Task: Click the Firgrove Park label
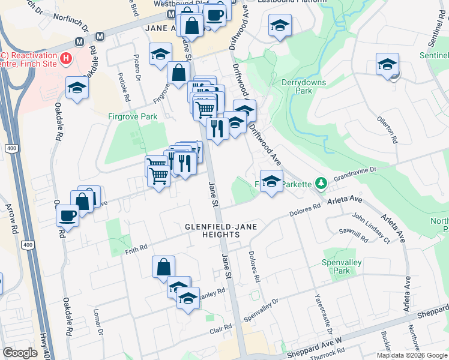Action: coord(133,117)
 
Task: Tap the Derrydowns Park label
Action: coord(297,86)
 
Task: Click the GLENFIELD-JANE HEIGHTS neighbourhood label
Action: coord(212,230)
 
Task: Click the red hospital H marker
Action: coord(67,59)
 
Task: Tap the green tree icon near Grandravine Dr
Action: coord(321,182)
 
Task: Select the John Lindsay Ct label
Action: coord(370,228)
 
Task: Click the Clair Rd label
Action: coord(220,327)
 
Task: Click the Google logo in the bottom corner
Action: coord(20,353)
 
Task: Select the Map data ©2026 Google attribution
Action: coord(412,355)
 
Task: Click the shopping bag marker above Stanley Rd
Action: coord(164,267)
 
